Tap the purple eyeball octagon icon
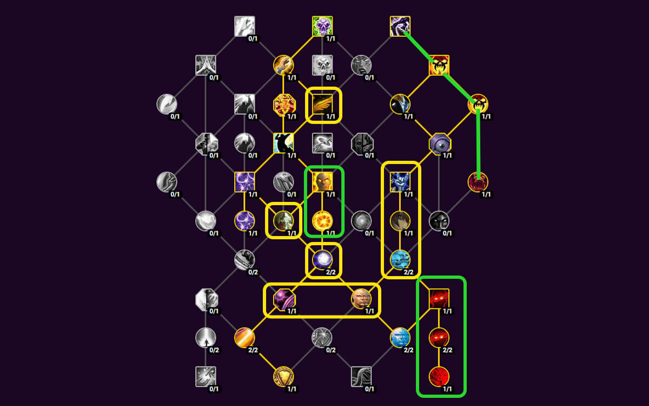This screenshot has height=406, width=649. (440, 143)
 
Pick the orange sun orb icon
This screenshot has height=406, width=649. (323, 221)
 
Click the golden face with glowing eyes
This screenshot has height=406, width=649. (323, 182)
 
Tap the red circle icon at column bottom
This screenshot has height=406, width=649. (439, 376)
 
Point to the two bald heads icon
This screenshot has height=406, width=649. (361, 299)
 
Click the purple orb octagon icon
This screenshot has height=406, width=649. (283, 299)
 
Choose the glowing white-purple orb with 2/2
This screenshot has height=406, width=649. (323, 260)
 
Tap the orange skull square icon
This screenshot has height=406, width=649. (439, 65)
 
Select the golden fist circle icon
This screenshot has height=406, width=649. (283, 65)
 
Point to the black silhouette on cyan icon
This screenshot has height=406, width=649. (283, 143)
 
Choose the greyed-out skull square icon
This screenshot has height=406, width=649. (322, 65)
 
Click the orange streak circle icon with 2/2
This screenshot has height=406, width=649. (244, 338)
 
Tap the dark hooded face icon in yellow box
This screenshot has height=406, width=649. (400, 221)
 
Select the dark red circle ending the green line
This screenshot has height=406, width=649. (478, 182)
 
